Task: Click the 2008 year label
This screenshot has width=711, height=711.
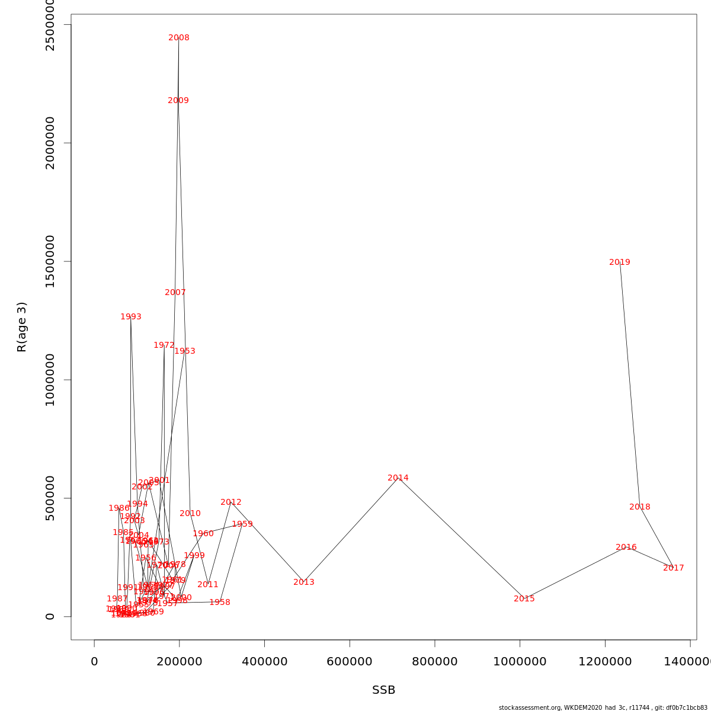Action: click(179, 38)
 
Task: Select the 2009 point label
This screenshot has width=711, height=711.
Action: click(178, 101)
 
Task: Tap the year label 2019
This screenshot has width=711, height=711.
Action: click(620, 262)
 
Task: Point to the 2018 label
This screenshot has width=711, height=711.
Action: click(640, 507)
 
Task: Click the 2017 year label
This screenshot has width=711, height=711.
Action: click(674, 568)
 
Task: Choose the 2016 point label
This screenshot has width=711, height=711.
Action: click(626, 547)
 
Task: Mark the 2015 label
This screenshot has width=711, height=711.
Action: click(524, 599)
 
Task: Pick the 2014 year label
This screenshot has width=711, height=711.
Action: click(398, 478)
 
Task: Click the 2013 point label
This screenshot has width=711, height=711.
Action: click(304, 582)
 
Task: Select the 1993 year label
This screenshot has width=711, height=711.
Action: click(131, 317)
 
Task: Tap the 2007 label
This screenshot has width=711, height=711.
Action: click(175, 293)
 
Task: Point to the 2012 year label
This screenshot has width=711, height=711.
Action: click(231, 502)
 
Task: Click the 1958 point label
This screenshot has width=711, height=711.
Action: click(220, 603)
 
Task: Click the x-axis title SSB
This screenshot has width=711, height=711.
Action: click(383, 690)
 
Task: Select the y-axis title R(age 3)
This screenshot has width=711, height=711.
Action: click(22, 326)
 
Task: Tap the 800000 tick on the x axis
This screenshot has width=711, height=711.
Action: click(434, 662)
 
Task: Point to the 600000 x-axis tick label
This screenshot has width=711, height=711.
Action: click(350, 662)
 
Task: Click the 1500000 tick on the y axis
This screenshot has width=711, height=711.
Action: click(50, 261)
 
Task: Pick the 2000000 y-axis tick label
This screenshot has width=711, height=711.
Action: click(50, 143)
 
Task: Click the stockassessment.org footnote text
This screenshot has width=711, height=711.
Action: click(603, 707)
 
